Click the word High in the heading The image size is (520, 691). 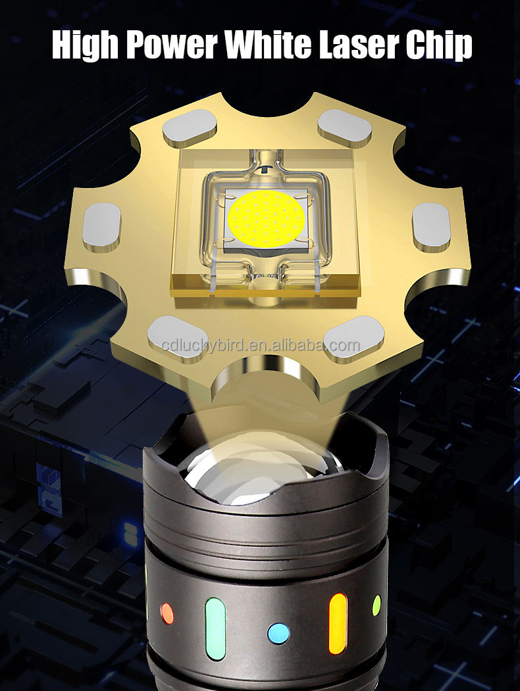(x=85, y=45)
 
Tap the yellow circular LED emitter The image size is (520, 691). (x=267, y=218)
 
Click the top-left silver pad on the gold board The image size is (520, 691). (x=190, y=128)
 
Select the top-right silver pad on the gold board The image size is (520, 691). (x=345, y=128)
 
